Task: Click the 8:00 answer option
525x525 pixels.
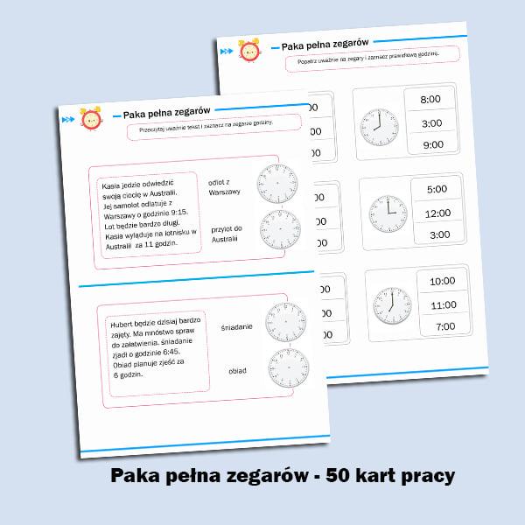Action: pos(430,100)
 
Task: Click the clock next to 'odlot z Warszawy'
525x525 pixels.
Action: pos(278,185)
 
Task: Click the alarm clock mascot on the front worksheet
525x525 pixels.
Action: pos(89,122)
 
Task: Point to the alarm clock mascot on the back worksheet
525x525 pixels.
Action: pos(249,52)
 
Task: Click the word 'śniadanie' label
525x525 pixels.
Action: pos(236,326)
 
